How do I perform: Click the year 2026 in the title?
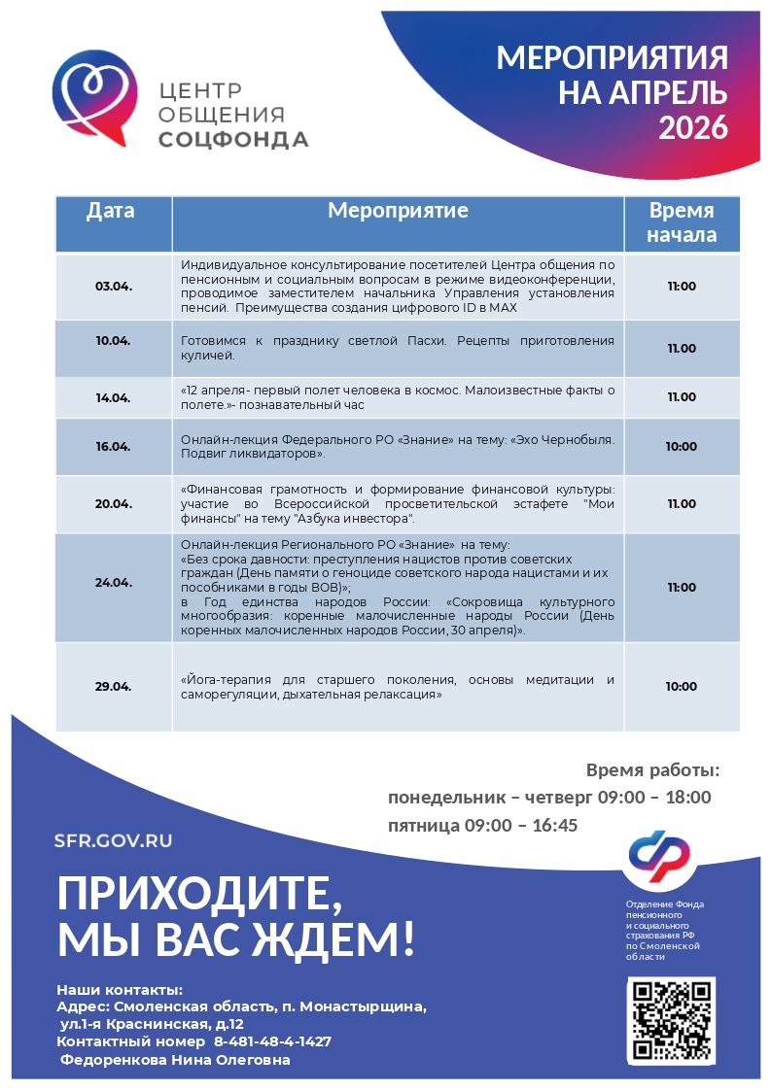[x=693, y=127]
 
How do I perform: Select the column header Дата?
[x=111, y=211]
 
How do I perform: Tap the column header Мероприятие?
[x=398, y=211]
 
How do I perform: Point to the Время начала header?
[x=682, y=222]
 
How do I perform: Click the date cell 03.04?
[x=113, y=287]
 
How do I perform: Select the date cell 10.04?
[x=113, y=341]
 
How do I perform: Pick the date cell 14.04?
[x=113, y=397]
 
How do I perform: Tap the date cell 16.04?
[x=113, y=447]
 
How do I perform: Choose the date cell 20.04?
[x=113, y=504]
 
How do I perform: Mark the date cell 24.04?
[x=113, y=583]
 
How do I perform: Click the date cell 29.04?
[x=113, y=687]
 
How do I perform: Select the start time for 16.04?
[x=682, y=447]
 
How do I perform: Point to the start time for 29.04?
[x=682, y=687]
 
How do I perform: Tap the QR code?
[x=671, y=1020]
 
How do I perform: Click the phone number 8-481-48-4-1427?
[x=279, y=1041]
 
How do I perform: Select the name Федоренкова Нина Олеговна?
[x=175, y=1060]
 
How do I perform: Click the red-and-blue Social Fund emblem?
[x=658, y=852]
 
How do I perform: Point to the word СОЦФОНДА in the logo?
[x=233, y=140]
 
